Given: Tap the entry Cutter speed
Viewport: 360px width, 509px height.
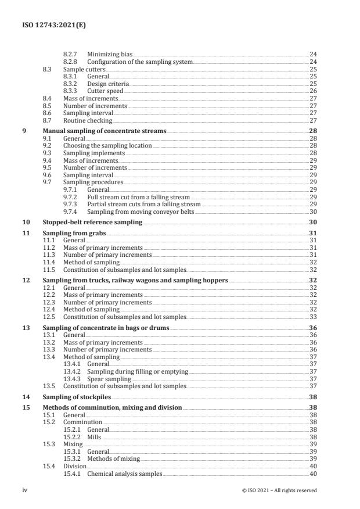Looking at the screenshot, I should (105, 91).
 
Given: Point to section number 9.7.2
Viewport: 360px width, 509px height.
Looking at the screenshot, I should (71, 197).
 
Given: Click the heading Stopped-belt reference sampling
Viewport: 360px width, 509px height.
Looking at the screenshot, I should (92, 223).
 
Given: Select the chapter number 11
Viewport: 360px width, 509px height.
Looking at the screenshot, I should (26, 233).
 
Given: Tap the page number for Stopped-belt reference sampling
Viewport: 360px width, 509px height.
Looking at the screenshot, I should (312, 223).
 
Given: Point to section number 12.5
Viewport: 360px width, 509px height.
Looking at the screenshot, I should (49, 317).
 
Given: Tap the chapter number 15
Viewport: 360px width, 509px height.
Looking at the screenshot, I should (26, 408).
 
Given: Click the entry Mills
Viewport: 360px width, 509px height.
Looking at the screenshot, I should (94, 436).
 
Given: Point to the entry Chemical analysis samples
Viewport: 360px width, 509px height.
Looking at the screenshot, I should (124, 474).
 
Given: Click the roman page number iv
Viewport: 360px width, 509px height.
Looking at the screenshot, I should (25, 490).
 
